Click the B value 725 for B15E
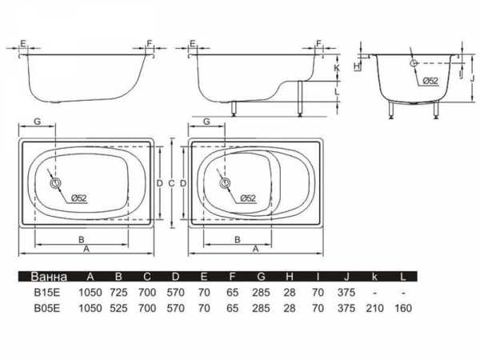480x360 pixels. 118,293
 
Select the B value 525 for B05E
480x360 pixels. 118,308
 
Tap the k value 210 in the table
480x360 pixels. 374,308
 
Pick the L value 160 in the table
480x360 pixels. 403,308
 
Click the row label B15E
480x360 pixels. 47,293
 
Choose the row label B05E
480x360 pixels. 47,308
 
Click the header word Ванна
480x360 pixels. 49,277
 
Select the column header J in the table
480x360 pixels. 346,277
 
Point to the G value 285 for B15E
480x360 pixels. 261,293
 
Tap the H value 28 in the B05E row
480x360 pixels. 290,308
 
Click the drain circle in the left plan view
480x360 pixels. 56,183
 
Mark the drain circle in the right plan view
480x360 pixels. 225,183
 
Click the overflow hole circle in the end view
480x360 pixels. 414,63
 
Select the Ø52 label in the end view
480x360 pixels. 430,81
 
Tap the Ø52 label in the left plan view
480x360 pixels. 79,198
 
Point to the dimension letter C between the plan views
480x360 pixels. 171,183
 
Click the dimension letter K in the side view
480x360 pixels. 337,68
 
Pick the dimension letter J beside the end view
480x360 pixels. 472,78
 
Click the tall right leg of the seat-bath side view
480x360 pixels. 300,98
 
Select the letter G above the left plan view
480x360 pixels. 38,122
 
